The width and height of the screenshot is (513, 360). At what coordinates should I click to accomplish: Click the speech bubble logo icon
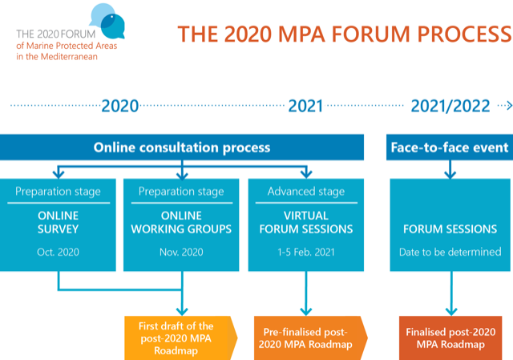(x=107, y=21)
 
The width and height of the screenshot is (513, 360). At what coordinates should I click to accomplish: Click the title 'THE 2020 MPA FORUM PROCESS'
(x=345, y=34)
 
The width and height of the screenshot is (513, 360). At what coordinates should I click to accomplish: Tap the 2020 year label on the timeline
(x=120, y=106)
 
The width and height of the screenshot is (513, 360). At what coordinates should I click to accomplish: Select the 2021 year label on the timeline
(x=305, y=106)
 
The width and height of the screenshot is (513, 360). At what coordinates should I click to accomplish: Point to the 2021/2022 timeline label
(x=450, y=106)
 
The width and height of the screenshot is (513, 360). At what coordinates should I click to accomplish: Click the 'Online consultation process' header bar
(x=182, y=148)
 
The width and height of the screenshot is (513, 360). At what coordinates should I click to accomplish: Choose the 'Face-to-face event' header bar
(x=450, y=148)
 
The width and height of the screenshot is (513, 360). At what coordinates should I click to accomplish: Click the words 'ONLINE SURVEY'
(x=59, y=222)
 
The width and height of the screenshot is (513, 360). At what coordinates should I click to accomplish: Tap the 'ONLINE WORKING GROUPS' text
(x=181, y=222)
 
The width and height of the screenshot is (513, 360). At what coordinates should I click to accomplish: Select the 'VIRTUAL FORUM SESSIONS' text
(x=306, y=222)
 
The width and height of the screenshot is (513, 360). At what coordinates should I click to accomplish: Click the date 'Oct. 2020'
(x=58, y=252)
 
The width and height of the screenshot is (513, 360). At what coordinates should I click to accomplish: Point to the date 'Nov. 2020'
(x=181, y=252)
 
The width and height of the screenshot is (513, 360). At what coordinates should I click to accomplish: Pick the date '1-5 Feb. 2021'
(x=306, y=252)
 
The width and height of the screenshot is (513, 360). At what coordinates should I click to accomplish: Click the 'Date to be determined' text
(x=450, y=252)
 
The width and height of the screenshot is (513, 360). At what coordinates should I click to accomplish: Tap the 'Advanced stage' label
(x=306, y=191)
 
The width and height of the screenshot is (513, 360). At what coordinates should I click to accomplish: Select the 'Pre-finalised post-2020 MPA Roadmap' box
(x=310, y=338)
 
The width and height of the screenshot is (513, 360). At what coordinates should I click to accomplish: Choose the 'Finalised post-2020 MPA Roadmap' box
(x=450, y=338)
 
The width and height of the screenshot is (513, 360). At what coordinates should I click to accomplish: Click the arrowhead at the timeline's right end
(x=509, y=106)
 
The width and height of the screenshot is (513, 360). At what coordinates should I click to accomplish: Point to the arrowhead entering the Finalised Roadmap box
(x=451, y=311)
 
